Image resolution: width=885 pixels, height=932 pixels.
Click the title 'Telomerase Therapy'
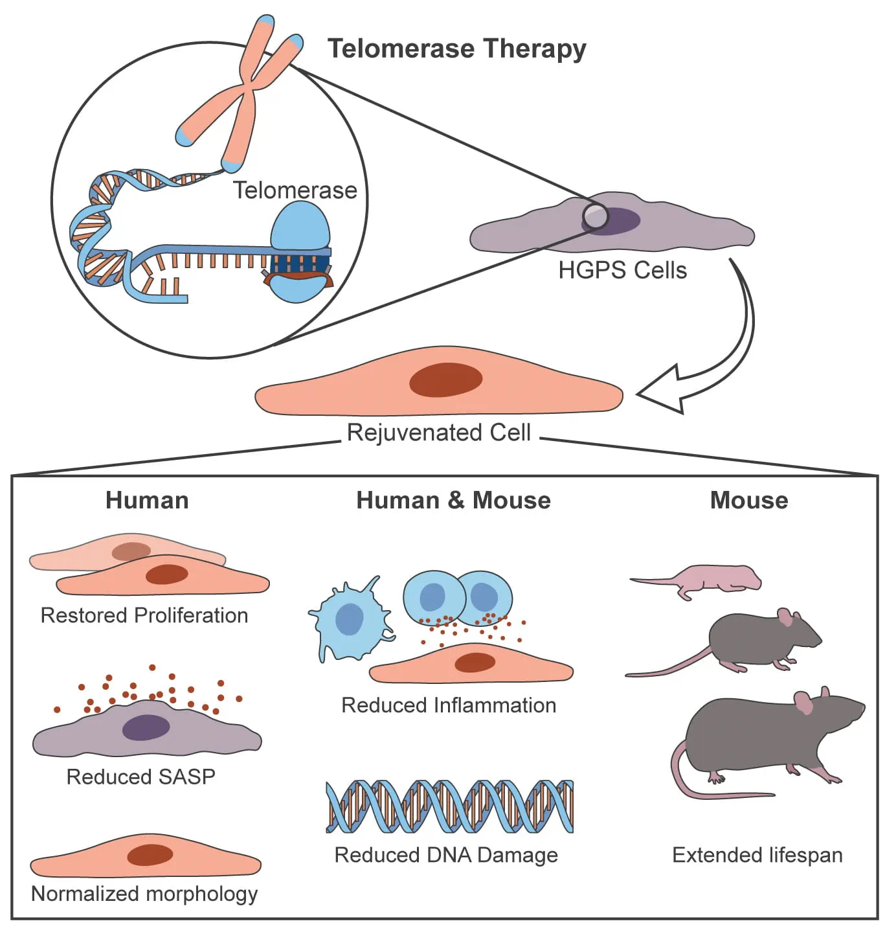click(x=456, y=49)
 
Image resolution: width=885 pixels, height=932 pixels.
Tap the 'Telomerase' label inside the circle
click(x=295, y=190)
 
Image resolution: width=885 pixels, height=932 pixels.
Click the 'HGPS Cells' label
click(x=622, y=270)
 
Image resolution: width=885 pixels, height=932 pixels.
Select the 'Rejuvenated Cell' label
click(x=439, y=433)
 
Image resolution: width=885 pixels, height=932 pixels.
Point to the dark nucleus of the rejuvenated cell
click(x=445, y=380)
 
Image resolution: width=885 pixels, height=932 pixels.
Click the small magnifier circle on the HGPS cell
click(x=595, y=216)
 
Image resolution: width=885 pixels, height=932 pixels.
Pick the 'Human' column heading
click(x=147, y=501)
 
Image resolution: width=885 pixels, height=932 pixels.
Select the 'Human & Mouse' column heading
click(x=453, y=501)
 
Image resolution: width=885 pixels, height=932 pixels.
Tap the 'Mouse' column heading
click(x=749, y=501)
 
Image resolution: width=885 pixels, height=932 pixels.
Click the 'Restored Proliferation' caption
click(x=144, y=615)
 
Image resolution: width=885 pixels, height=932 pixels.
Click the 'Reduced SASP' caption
click(x=140, y=777)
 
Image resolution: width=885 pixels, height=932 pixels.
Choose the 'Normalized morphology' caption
click(x=144, y=894)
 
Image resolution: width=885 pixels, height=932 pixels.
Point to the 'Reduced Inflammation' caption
click(x=449, y=705)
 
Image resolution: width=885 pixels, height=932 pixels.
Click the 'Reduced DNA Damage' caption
click(x=446, y=855)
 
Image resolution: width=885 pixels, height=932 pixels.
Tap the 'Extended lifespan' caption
click(x=757, y=855)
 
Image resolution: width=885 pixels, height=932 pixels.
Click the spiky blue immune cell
click(x=350, y=620)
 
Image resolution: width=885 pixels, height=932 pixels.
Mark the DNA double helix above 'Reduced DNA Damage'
click(x=450, y=806)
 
